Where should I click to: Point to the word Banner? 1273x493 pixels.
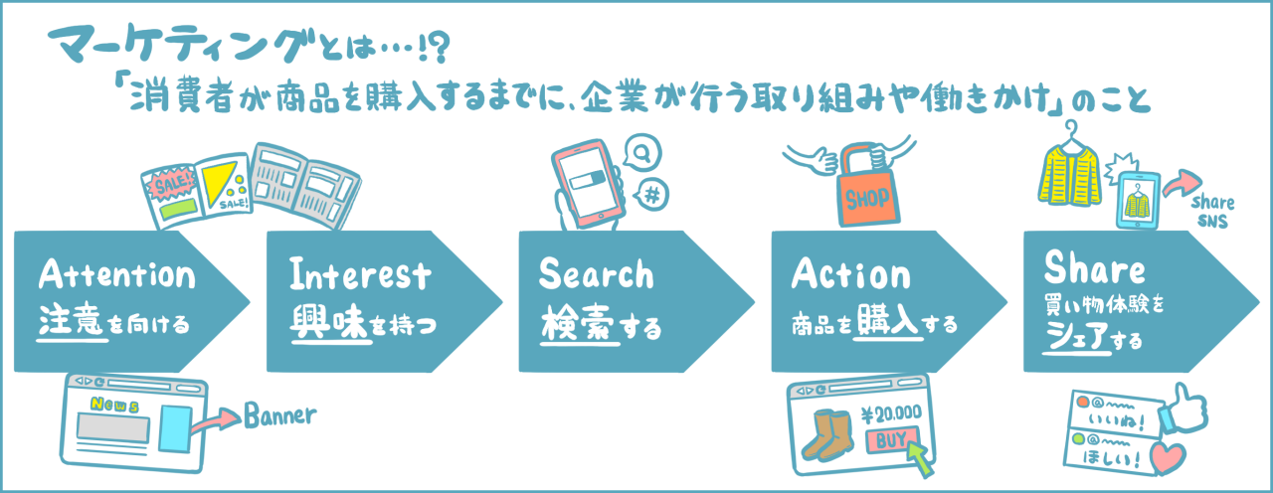pyautogui.click(x=281, y=413)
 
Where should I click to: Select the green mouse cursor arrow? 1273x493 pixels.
pyautogui.click(x=921, y=457)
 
